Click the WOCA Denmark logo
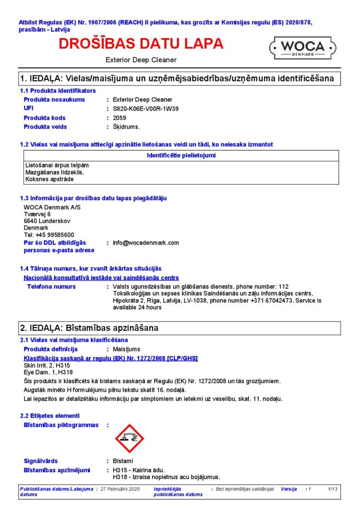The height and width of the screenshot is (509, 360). pyautogui.click(x=303, y=48)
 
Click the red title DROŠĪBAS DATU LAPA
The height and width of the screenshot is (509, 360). pyautogui.click(x=141, y=44)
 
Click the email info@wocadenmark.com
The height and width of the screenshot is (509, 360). pyautogui.click(x=146, y=243)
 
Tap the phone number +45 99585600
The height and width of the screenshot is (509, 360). pyautogui.click(x=55, y=235)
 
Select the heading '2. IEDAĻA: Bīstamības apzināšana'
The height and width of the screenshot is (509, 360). pyautogui.click(x=89, y=328)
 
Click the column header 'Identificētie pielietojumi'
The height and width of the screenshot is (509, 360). pyautogui.click(x=181, y=156)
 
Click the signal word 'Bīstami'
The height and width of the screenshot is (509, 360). pyautogui.click(x=123, y=461)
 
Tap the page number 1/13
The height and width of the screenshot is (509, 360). pyautogui.click(x=333, y=489)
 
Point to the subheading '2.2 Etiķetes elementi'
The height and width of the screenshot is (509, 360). pyautogui.click(x=50, y=416)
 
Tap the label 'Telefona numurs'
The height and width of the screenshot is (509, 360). pyautogui.click(x=51, y=286)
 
